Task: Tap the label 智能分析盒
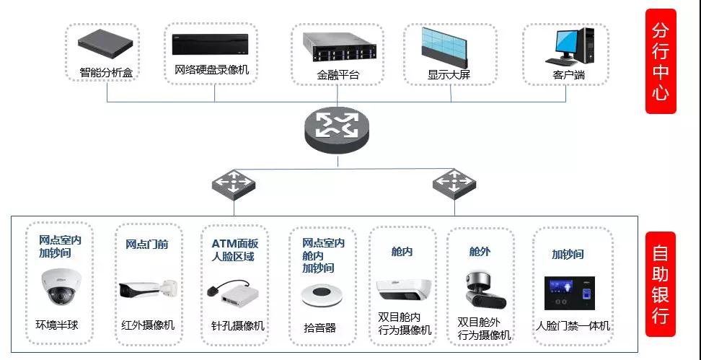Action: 106,73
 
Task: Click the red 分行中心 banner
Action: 661,61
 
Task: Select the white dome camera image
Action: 58,286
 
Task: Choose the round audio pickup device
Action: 319,295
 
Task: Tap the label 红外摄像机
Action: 148,325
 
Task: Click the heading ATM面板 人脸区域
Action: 234,250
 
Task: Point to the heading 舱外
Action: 480,252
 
